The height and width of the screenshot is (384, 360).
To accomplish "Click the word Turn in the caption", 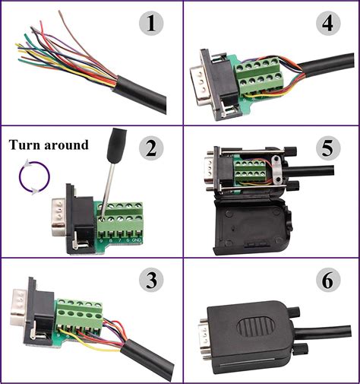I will click(27, 144).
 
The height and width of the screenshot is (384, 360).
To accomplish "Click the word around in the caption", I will click(68, 144).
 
